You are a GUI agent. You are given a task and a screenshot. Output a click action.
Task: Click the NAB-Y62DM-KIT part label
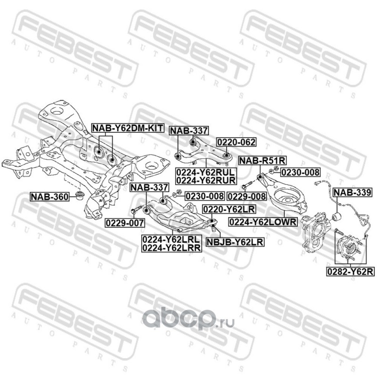[127, 128]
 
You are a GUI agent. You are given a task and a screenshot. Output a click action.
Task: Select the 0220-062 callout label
[229, 141]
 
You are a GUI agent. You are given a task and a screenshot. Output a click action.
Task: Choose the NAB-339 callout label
[352, 192]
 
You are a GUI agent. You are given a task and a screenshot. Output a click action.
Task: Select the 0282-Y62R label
[348, 271]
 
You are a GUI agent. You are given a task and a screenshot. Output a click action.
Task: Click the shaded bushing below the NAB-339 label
[338, 217]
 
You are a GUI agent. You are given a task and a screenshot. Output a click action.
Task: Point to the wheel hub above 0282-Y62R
[348, 247]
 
